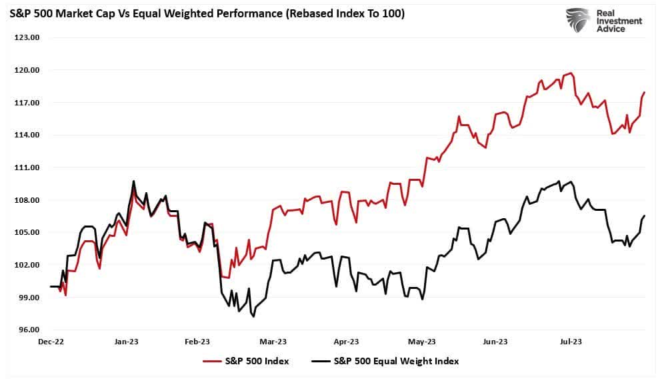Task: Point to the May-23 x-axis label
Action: click(x=422, y=342)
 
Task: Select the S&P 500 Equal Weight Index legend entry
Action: click(x=385, y=361)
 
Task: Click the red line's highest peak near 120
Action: click(x=571, y=73)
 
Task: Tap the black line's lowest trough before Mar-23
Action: click(x=253, y=316)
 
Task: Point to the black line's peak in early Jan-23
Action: click(x=133, y=181)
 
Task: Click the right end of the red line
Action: click(x=645, y=92)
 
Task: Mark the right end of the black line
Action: click(x=645, y=216)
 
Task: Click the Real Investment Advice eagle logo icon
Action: click(x=578, y=20)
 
